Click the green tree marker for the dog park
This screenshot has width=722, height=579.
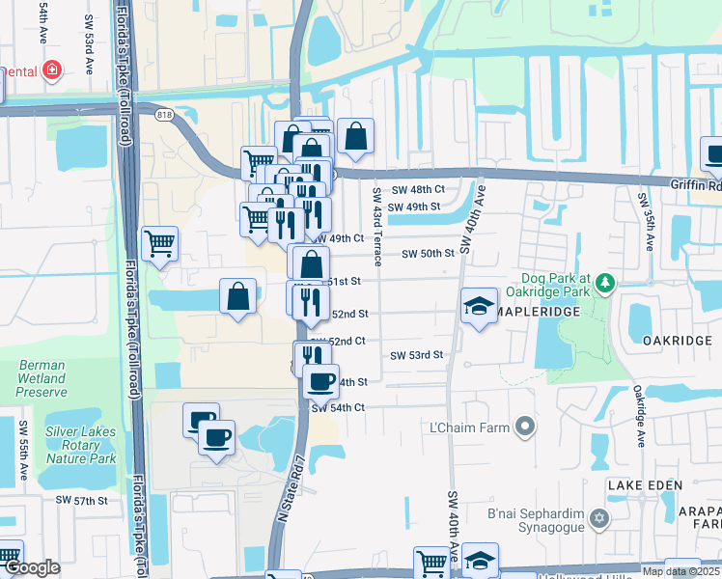pos(605,282)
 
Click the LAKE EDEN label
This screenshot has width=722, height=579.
pos(644,484)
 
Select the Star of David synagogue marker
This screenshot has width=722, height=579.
pos(599,519)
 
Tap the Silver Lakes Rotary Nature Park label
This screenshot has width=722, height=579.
pos(80,445)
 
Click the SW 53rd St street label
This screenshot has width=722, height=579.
pos(416,355)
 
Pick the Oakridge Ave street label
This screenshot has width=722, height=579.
pos(638,416)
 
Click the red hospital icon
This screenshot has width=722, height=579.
pos(50,70)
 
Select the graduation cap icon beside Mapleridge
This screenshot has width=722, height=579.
pos(478,307)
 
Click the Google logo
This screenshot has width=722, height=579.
pos(33,567)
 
